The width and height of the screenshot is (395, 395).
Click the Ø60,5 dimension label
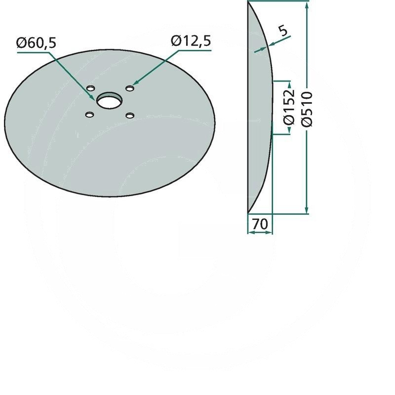click(x=37, y=43)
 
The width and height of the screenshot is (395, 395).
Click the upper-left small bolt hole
click(x=90, y=88)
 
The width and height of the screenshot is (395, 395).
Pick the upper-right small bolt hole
click(x=130, y=88)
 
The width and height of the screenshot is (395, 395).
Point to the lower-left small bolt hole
click(x=89, y=115)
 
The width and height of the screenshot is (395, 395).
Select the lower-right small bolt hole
click(x=130, y=115)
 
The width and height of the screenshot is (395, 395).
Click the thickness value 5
click(x=283, y=31)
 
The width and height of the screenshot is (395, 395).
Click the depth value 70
click(x=260, y=225)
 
